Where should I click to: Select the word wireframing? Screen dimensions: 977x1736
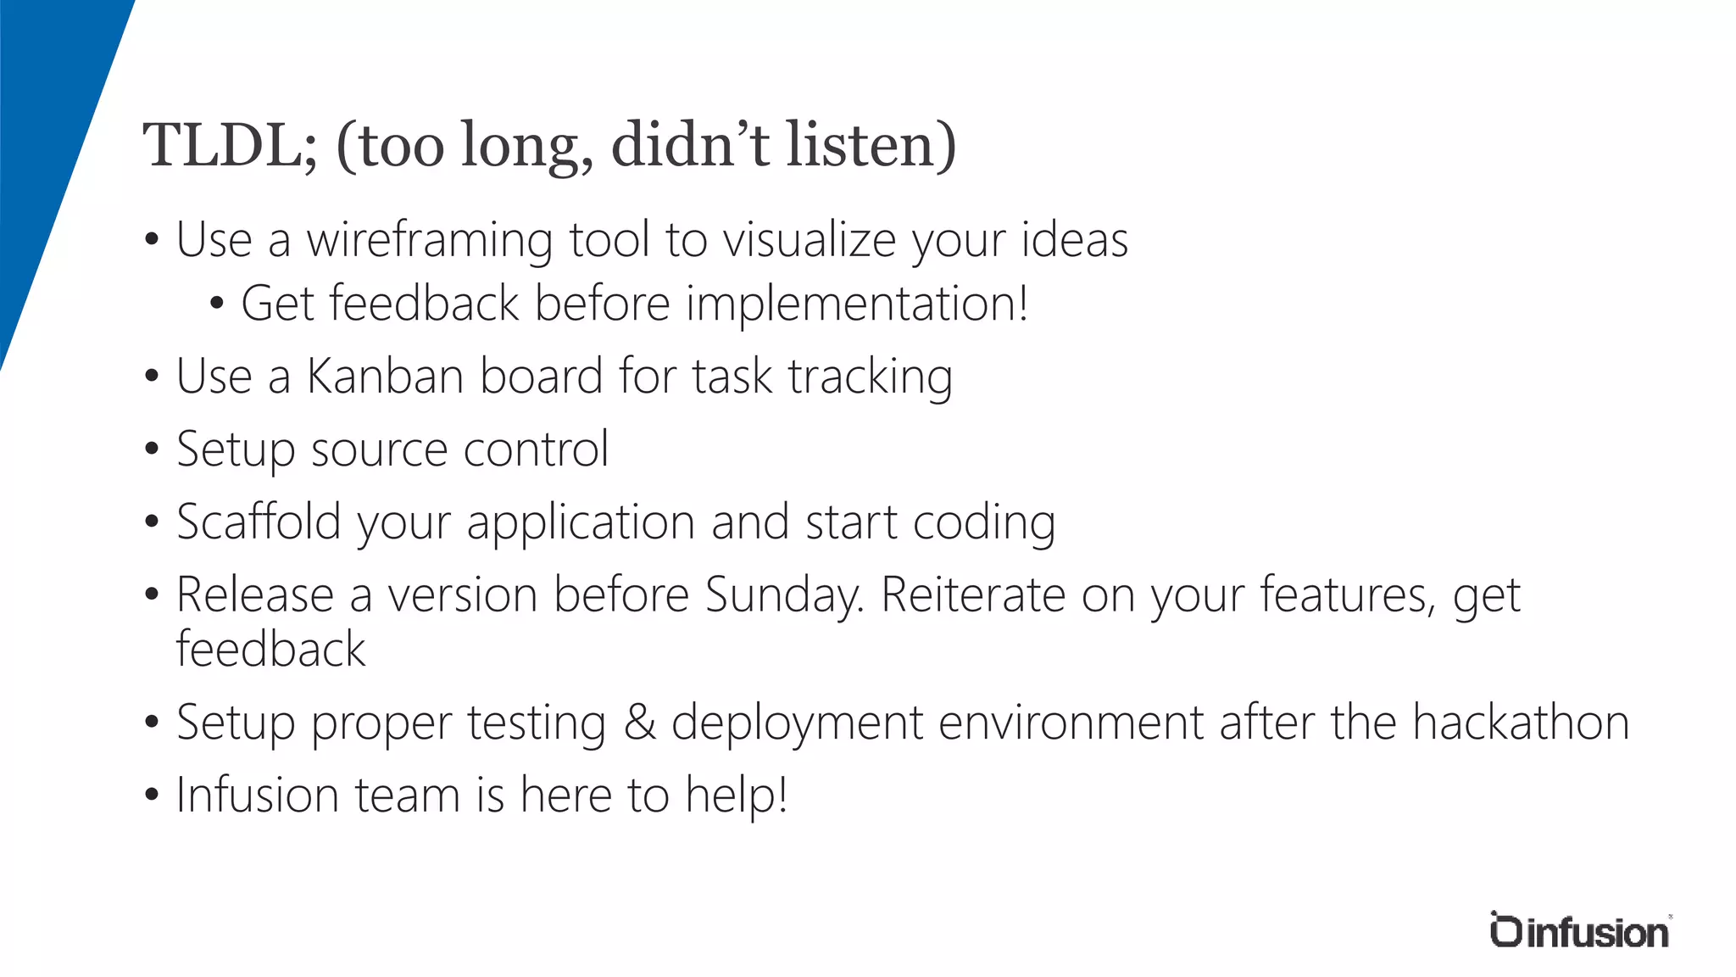coord(430,241)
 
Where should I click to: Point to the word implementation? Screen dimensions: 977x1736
coord(857,304)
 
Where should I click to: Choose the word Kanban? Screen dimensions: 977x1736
coord(384,377)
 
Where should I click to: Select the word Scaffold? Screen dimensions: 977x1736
coord(259,522)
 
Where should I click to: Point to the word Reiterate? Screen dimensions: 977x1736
coord(973,595)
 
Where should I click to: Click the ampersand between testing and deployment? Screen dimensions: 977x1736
coord(640,723)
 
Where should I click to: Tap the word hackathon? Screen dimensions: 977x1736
coord(1521,723)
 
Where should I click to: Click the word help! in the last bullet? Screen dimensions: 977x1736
coord(737,796)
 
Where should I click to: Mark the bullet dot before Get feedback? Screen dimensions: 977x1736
coord(216,304)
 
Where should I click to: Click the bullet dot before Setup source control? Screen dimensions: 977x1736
coord(152,449)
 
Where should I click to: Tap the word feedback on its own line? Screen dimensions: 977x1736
coord(270,650)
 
